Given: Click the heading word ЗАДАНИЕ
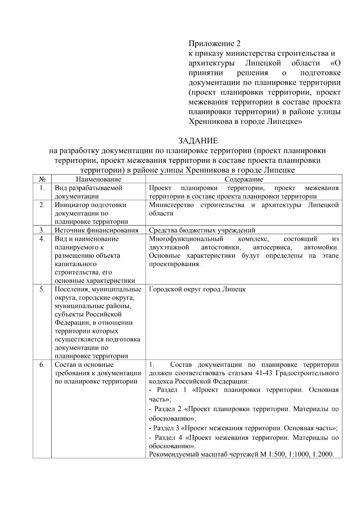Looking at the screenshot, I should click(x=198, y=141).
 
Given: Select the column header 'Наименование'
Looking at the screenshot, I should click(x=98, y=179).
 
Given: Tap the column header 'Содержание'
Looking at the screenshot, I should click(x=244, y=179).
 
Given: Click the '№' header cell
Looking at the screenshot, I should click(x=42, y=179).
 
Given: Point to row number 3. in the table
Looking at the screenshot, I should click(x=42, y=230).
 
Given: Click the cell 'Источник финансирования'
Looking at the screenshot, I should click(x=96, y=230).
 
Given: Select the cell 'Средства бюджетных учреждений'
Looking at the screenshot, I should click(x=202, y=230).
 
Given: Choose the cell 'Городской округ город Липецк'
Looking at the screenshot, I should click(x=197, y=289).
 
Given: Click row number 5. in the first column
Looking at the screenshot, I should click(x=42, y=289).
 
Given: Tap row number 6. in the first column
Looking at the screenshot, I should click(x=42, y=365).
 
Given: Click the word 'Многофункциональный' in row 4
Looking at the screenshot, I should click(x=186, y=239).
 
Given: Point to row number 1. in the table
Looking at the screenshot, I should click(x=42, y=188).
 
